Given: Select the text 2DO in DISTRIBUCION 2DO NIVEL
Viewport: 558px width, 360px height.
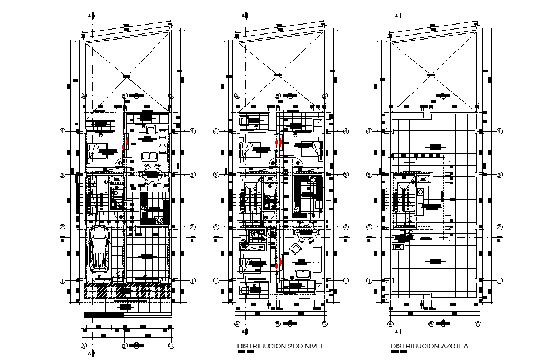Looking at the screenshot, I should coord(288,346).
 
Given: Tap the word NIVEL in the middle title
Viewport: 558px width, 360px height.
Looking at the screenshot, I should coord(313,346).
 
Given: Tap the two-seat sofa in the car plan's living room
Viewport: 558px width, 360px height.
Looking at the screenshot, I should coord(148,155).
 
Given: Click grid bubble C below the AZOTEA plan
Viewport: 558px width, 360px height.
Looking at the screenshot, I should coord(478,323).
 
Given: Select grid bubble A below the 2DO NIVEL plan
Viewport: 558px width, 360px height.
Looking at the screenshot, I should coord(236,323).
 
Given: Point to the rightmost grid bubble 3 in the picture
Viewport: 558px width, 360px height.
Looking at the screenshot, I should coord(499,174).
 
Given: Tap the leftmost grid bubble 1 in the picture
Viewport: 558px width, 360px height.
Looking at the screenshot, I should coord(63,280).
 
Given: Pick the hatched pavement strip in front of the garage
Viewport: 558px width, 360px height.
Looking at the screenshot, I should coord(127,290).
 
